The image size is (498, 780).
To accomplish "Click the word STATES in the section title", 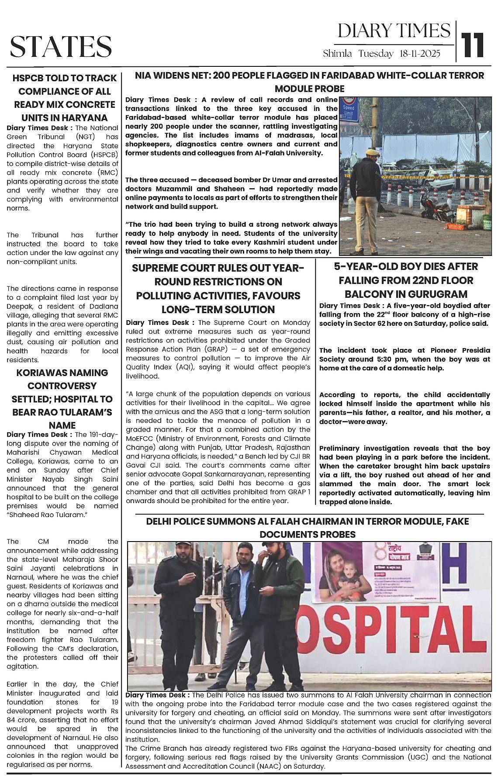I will (61, 47).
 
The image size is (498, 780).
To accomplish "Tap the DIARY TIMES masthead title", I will (394, 31).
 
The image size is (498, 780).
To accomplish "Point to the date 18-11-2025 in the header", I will (419, 54).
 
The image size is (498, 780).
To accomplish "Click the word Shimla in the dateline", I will (337, 54).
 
